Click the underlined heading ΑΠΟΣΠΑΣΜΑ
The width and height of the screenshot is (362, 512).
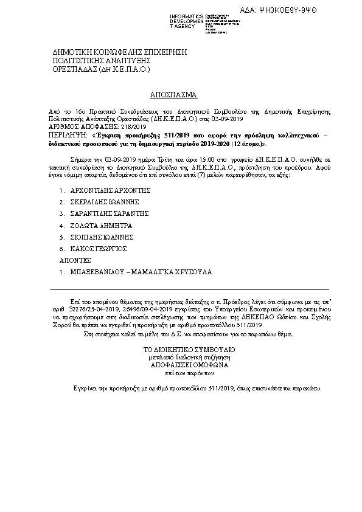(173, 95)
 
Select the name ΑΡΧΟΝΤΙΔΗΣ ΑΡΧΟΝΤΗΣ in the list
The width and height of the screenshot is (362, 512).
(110, 190)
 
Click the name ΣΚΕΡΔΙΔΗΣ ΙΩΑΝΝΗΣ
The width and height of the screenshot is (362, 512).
(108, 202)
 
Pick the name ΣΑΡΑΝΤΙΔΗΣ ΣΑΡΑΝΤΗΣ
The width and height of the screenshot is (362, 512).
(110, 214)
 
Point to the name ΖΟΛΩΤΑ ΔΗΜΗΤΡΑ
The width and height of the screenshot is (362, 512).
(101, 226)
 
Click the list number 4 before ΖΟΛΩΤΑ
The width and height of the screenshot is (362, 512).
(61, 226)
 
